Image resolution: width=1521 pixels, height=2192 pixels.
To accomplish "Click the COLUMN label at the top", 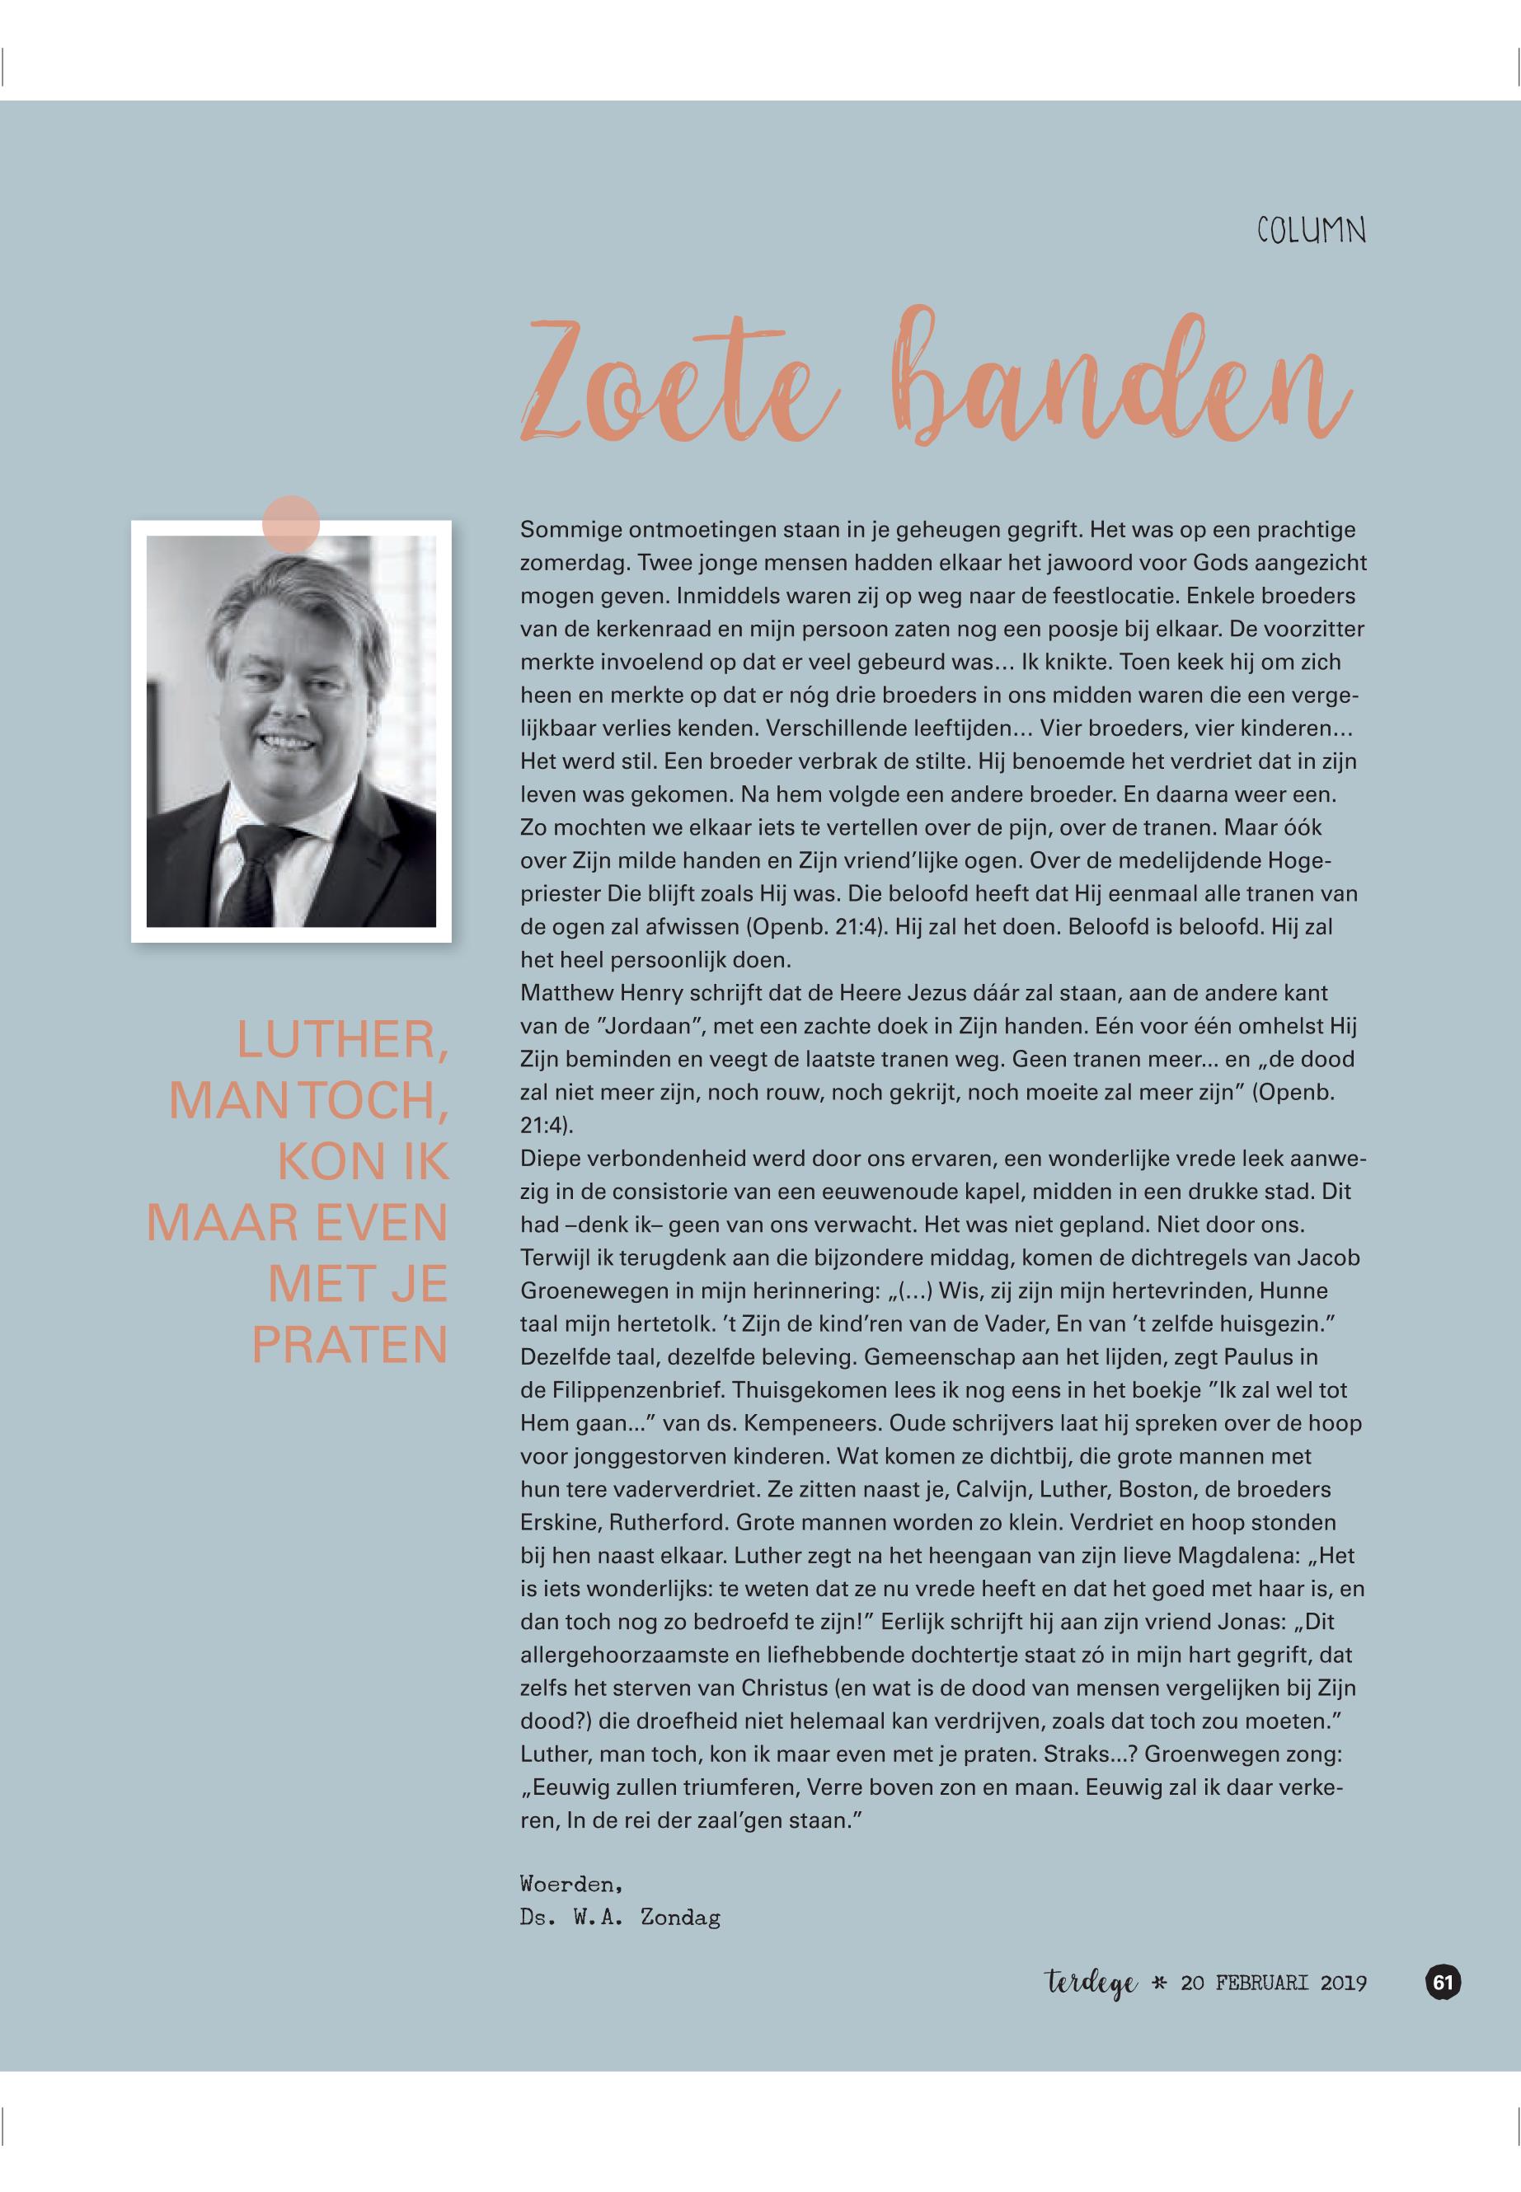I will (1311, 232).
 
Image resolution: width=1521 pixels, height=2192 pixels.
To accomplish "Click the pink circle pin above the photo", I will (291, 524).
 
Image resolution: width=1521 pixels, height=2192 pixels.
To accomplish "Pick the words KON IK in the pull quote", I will (361, 1161).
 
